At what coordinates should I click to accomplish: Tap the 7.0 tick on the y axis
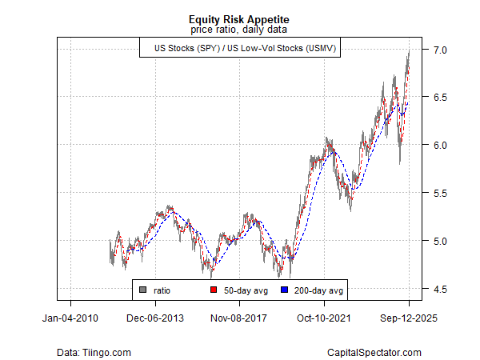tap(434, 50)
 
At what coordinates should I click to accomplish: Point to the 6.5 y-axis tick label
tap(434, 98)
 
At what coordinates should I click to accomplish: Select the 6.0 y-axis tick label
tap(434, 145)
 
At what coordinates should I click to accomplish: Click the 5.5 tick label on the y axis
tap(434, 193)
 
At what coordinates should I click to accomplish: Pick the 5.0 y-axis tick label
tap(434, 241)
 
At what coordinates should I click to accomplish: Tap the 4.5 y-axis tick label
tap(434, 289)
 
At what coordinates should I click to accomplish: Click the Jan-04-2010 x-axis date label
tap(70, 318)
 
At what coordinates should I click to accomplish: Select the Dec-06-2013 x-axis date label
tap(155, 318)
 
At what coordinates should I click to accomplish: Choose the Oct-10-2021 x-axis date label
tap(324, 318)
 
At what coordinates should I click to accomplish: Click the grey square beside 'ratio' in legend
tap(143, 289)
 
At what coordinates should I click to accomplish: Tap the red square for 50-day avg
tap(214, 289)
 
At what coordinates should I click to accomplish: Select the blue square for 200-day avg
tap(284, 289)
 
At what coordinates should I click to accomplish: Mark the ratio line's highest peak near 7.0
tap(409, 50)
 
